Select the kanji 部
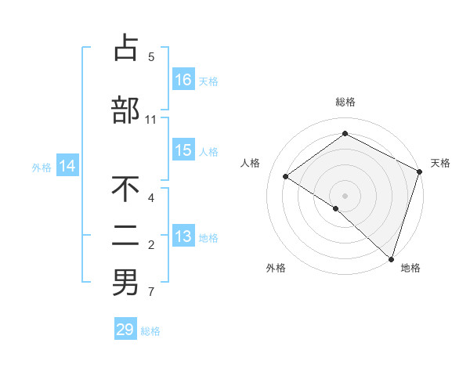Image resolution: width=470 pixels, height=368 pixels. (125, 110)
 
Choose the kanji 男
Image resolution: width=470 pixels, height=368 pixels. (125, 283)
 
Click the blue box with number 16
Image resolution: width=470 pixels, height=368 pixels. (183, 80)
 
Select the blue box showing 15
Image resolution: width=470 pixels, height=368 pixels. (183, 151)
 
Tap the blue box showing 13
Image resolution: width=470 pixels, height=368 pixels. (183, 237)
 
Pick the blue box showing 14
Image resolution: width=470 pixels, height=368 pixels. (67, 166)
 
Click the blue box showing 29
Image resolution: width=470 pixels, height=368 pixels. (125, 330)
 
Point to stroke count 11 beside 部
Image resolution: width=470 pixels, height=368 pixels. (151, 120)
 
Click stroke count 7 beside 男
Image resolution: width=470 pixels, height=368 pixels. (151, 293)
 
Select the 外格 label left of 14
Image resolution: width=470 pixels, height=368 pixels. (41, 167)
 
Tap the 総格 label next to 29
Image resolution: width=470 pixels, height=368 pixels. (151, 330)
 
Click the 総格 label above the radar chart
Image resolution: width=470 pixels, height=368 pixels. (345, 102)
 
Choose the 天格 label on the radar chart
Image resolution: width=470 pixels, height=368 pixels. (440, 163)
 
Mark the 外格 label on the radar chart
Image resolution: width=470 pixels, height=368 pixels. (276, 268)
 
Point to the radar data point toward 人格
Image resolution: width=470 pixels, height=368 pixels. (286, 176)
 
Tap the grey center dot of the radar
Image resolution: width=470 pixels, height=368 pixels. (345, 195)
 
